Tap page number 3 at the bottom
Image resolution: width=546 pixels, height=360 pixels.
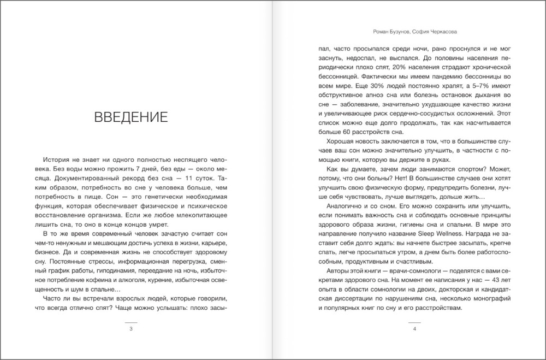[130, 329]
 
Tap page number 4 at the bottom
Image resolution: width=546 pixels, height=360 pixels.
[415, 329]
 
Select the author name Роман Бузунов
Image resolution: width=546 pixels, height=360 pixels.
[388, 32]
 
